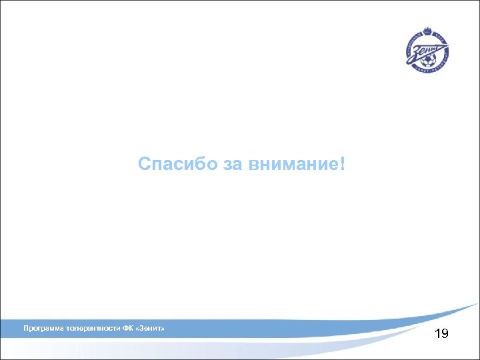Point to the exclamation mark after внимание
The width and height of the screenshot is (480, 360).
pyautogui.click(x=343, y=164)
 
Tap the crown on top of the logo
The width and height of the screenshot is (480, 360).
pyautogui.click(x=427, y=31)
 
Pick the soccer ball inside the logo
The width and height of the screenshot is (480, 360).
pyautogui.click(x=433, y=61)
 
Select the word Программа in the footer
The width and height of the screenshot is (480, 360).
pyautogui.click(x=43, y=329)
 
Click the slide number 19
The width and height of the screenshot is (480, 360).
pyautogui.click(x=441, y=333)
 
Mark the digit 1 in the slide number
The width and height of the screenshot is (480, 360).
pyautogui.click(x=437, y=333)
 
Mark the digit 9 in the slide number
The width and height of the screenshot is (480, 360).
pyautogui.click(x=445, y=333)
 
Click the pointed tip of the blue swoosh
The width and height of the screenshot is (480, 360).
pyautogui.click(x=477, y=304)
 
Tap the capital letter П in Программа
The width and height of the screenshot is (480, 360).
pyautogui.click(x=25, y=329)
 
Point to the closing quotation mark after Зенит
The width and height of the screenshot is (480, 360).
pyautogui.click(x=164, y=329)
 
